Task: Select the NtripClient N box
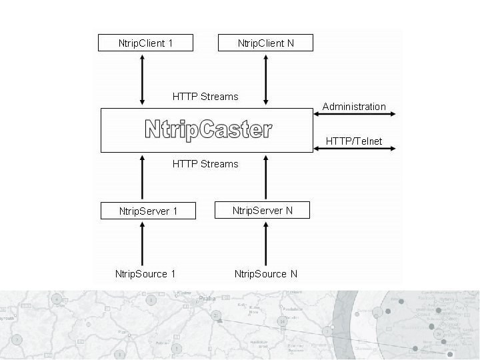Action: coord(265,43)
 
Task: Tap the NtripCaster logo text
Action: coord(208,130)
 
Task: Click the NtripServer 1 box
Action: coord(148,211)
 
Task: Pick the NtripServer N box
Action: coord(263,211)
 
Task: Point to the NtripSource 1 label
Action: coord(145,273)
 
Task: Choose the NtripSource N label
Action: coord(265,273)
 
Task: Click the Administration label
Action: coord(354,107)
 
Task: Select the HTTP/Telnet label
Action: coord(354,141)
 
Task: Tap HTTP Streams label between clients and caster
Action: coord(205,97)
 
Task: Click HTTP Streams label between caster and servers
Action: coord(205,163)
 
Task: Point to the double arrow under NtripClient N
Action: coord(265,79)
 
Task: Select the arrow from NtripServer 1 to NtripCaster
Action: coord(143,177)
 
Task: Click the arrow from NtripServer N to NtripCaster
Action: coord(265,177)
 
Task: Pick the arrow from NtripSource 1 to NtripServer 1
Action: coord(143,243)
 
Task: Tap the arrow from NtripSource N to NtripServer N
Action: coord(265,243)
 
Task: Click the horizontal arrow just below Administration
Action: coord(354,115)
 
